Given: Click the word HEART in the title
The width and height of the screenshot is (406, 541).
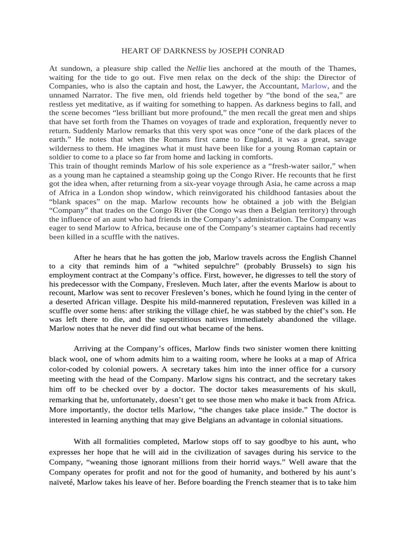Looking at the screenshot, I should pos(135,51).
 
